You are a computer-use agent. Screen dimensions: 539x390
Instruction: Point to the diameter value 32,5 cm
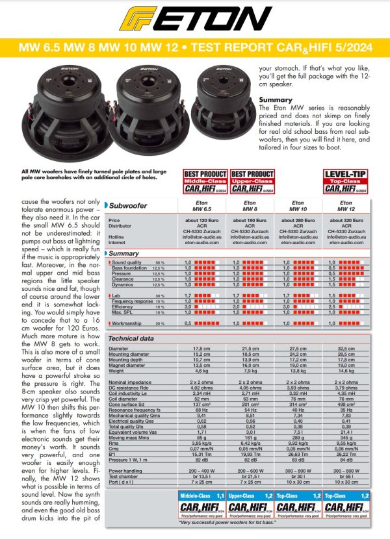click(355, 349)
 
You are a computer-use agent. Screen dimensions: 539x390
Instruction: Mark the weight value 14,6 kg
click(355, 370)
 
